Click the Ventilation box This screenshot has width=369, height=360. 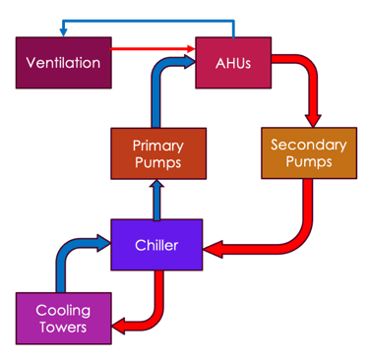(63, 63)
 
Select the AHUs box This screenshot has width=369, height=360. (232, 63)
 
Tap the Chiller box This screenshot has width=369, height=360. (156, 245)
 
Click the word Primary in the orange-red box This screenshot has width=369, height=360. (157, 146)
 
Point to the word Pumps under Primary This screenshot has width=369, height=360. (157, 162)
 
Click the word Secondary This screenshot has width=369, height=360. (308, 146)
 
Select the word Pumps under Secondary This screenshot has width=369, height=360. (308, 162)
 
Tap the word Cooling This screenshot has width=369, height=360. (63, 311)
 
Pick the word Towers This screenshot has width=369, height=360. (63, 328)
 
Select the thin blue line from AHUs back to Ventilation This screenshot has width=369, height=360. (148, 20)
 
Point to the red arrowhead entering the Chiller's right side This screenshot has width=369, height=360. (213, 250)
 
